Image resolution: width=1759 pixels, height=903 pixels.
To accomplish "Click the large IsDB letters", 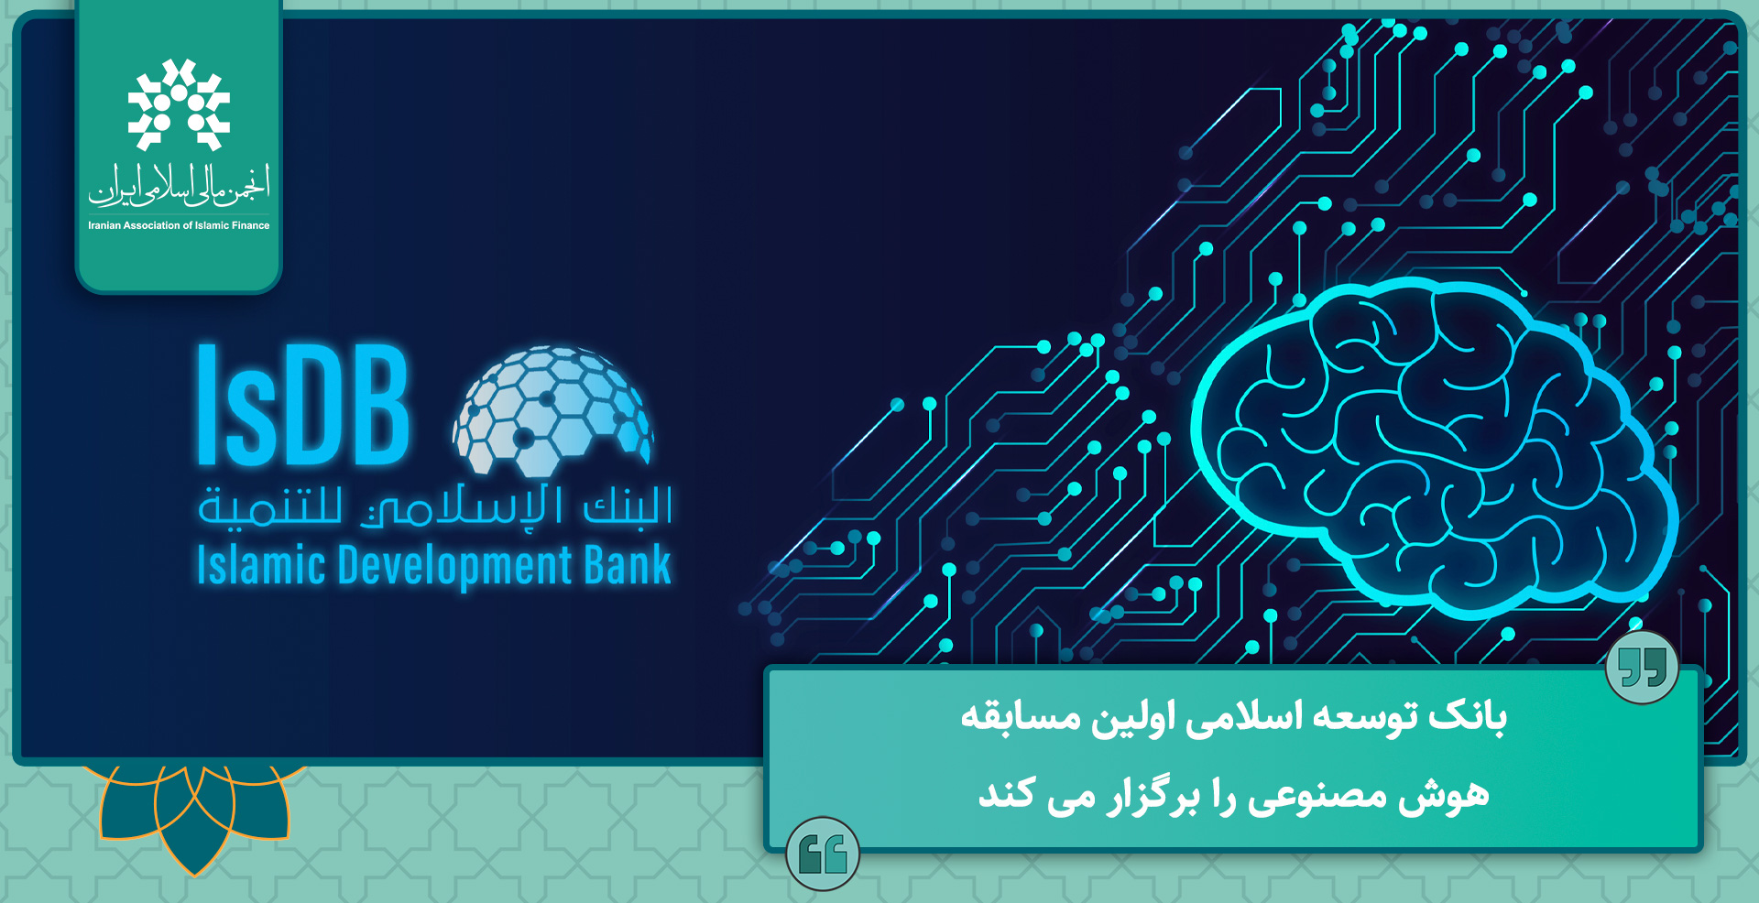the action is [303, 405].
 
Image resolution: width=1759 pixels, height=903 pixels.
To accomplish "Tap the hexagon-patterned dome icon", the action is [552, 410].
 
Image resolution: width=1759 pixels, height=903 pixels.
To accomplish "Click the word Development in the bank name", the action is [455, 566].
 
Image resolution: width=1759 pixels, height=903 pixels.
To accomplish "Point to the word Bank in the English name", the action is [628, 564].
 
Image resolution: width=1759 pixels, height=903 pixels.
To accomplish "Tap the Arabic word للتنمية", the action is [270, 506].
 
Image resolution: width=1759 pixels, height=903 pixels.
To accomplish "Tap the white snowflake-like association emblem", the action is [179, 104].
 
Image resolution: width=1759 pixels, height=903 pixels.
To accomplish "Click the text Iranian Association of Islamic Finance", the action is [179, 225].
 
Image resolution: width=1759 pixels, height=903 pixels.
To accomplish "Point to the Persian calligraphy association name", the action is [179, 185].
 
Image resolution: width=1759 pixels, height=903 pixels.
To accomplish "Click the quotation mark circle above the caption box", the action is [1642, 667].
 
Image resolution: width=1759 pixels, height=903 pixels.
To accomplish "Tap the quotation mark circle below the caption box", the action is [823, 854].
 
